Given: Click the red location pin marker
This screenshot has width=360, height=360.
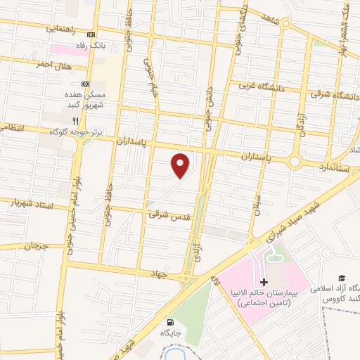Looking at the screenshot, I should (181, 165).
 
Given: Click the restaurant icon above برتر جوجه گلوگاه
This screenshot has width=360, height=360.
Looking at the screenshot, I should (85, 121).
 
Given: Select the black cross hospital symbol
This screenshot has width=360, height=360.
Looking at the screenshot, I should (264, 282).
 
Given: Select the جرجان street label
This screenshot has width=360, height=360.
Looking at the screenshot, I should (34, 247).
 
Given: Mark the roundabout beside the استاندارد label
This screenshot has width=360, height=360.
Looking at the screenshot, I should (293, 162).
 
